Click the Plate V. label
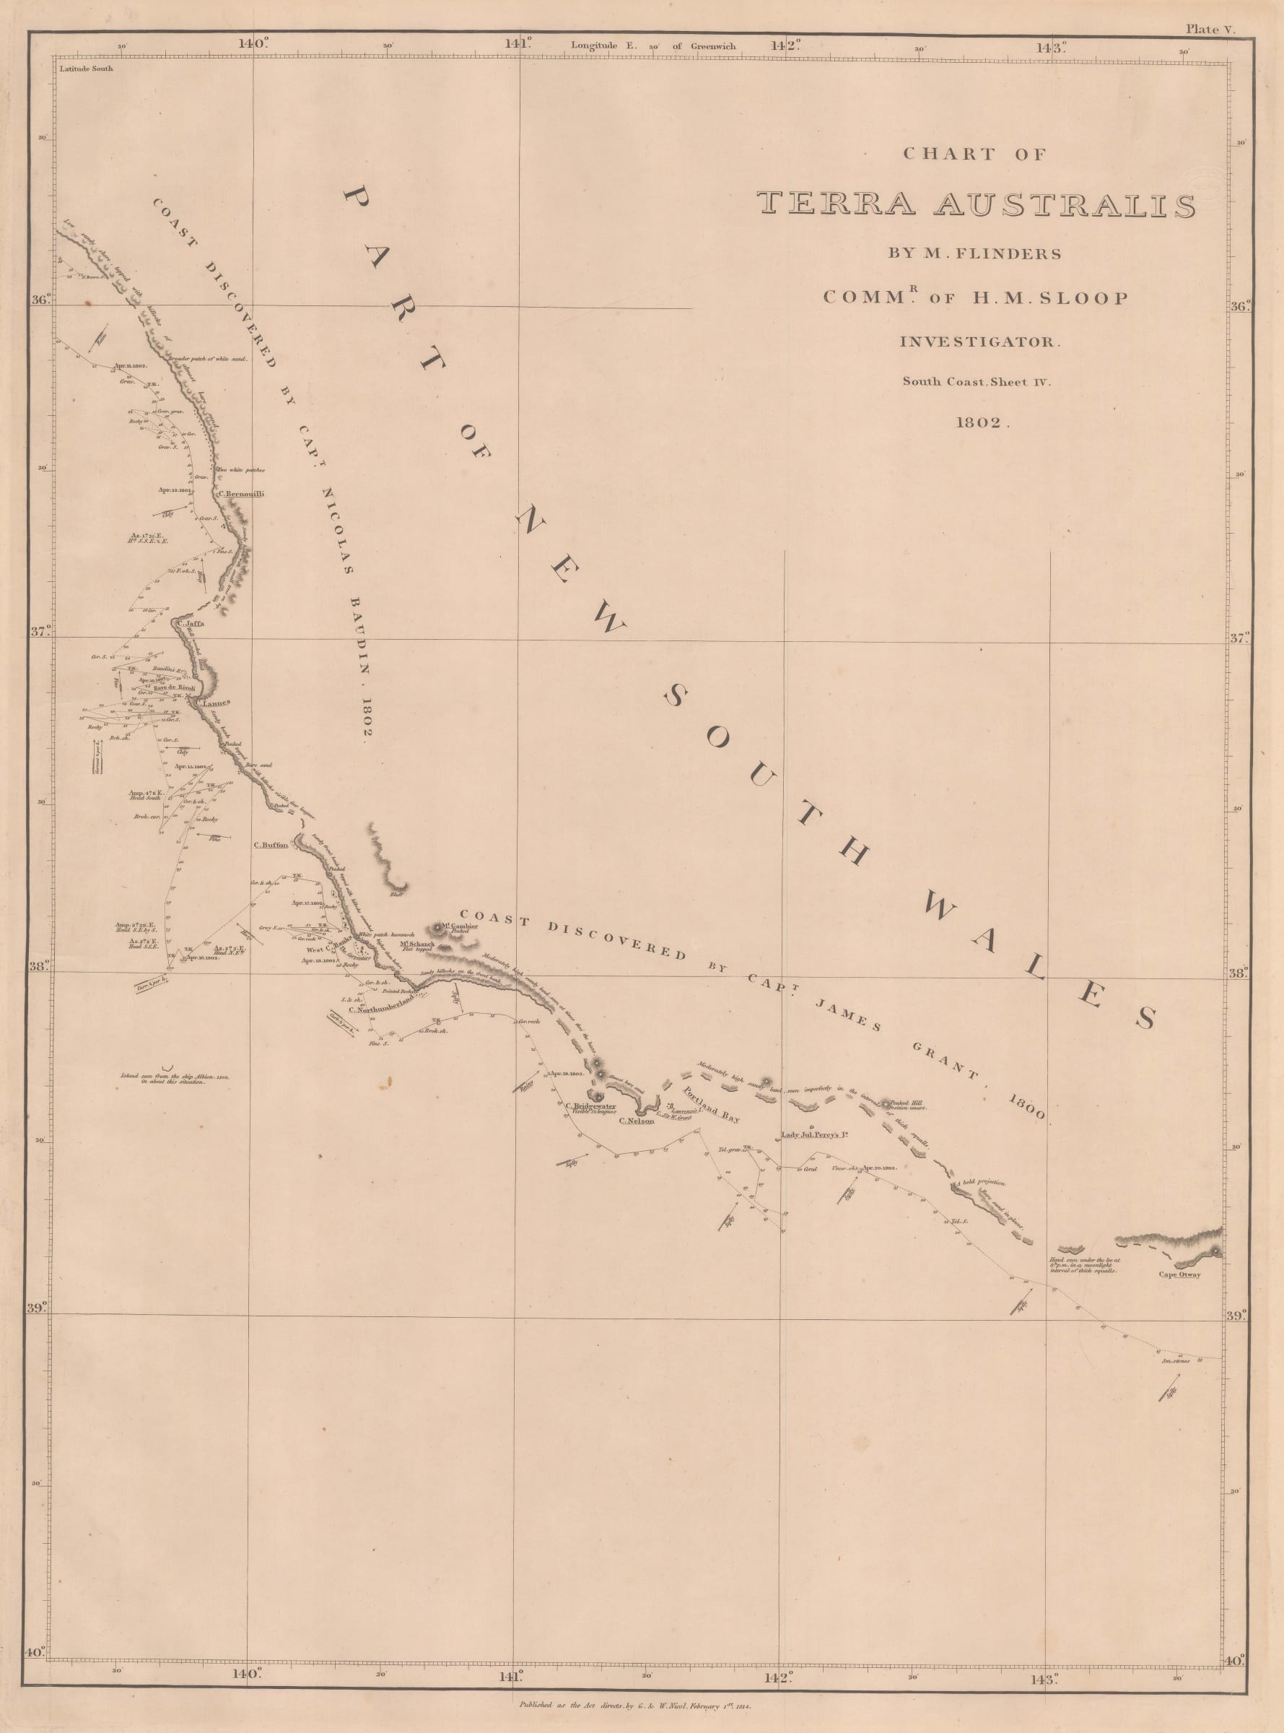click(x=1210, y=29)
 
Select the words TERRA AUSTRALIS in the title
click(x=977, y=204)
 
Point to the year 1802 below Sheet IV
click(x=982, y=424)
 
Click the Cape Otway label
click(x=1179, y=1274)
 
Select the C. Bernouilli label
click(x=242, y=494)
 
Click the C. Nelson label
click(x=636, y=1121)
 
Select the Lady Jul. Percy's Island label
click(x=813, y=1135)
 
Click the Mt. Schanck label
click(x=416, y=944)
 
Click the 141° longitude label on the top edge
click(x=518, y=44)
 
